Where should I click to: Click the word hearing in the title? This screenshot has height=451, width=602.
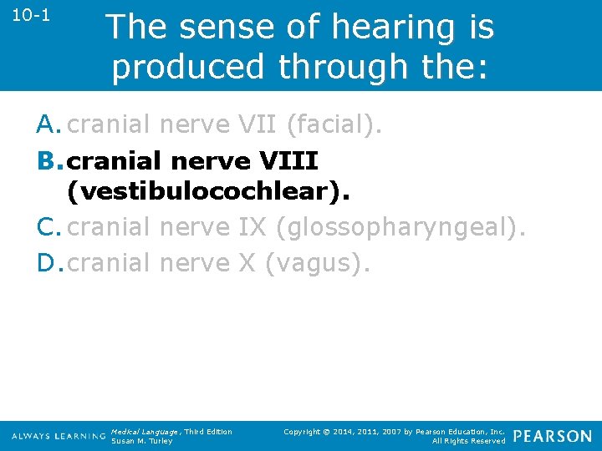coord(394,27)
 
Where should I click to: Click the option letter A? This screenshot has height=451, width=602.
coord(49,124)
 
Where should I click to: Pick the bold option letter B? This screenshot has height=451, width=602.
coord(50,159)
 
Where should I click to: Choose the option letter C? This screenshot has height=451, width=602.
coord(49,227)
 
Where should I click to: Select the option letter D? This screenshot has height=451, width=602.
coord(50,262)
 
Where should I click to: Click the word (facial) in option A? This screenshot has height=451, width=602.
coord(334,124)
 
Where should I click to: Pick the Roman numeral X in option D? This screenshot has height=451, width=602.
coord(247,262)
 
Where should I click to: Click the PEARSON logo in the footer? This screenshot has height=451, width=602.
coord(552,436)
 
